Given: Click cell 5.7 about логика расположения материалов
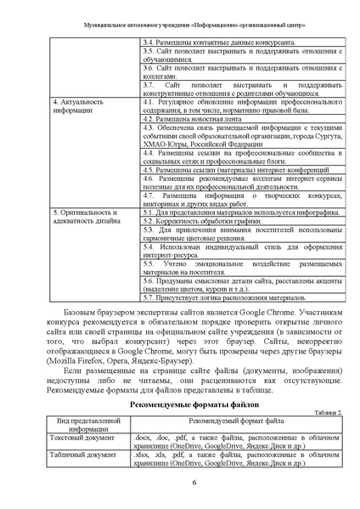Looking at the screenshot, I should point(222,298).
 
